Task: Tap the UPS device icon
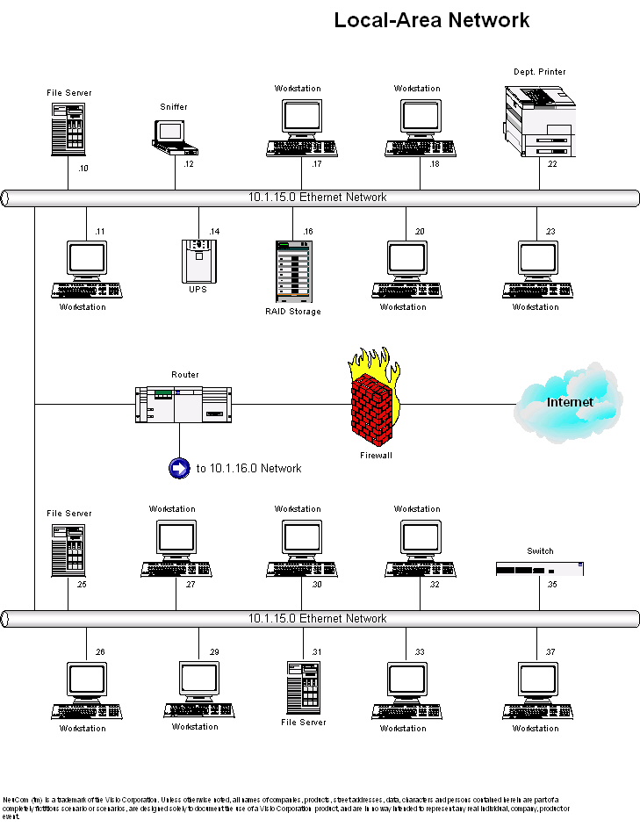point(198,261)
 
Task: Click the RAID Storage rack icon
point(293,271)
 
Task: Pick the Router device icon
point(180,404)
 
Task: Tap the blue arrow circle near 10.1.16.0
point(179,468)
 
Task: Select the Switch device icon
point(540,568)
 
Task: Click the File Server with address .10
point(68,130)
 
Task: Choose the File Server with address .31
point(304,687)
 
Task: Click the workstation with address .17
point(298,128)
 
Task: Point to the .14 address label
point(214,231)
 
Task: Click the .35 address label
point(551,584)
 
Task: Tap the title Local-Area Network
point(432,20)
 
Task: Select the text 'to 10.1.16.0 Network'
point(248,469)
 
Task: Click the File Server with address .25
point(68,550)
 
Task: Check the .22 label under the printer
point(551,164)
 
